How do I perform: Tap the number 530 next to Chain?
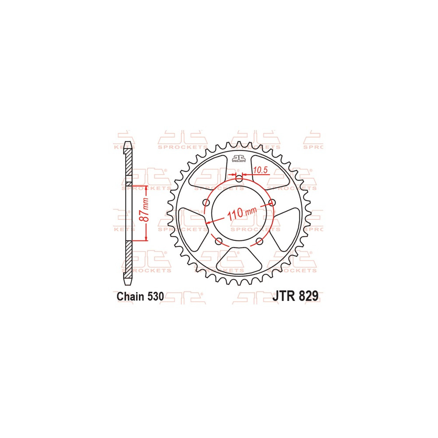coord(155,297)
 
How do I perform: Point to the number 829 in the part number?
coord(308,296)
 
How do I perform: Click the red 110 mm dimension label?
coord(242,213)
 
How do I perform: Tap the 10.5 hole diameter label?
coord(260,170)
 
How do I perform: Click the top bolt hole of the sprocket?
coord(239,179)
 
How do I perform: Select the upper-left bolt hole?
coord(206,202)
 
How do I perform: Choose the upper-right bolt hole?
coord(272,202)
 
